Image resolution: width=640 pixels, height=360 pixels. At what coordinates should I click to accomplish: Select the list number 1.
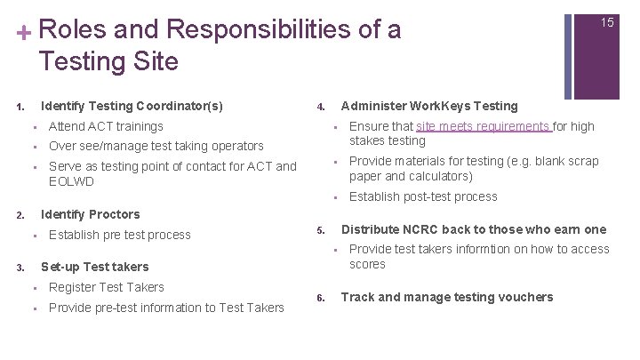pyautogui.click(x=19, y=107)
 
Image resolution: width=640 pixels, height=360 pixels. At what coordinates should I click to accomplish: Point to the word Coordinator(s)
pyautogui.click(x=182, y=106)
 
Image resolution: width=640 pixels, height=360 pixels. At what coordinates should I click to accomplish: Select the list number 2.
pyautogui.click(x=19, y=215)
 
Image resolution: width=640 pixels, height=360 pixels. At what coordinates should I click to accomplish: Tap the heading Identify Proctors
pyautogui.click(x=90, y=214)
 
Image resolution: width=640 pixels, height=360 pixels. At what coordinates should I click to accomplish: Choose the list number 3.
pyautogui.click(x=19, y=267)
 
